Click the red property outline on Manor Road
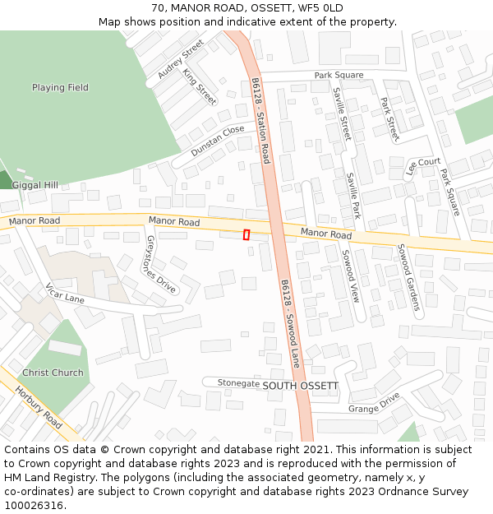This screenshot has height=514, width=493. (246, 234)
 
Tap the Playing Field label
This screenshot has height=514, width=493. (60, 87)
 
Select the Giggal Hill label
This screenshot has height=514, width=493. (35, 185)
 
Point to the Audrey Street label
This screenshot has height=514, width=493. (181, 60)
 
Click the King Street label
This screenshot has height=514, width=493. (200, 87)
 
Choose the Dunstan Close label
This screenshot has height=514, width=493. (218, 141)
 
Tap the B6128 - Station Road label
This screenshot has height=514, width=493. (260, 121)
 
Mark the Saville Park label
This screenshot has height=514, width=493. (354, 195)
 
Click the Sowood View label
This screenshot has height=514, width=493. (351, 276)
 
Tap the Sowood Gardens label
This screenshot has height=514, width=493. (408, 276)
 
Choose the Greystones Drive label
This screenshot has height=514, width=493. (161, 264)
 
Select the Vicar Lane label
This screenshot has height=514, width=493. (65, 294)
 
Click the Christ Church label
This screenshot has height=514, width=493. (53, 373)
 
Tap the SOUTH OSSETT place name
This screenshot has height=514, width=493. (300, 385)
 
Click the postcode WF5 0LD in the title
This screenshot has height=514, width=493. (321, 7)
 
